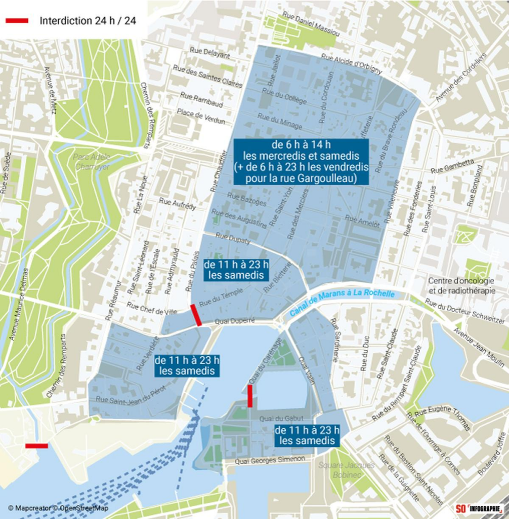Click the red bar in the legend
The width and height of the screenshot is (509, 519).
coord(17,21)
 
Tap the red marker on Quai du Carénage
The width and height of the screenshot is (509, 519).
coord(250,395)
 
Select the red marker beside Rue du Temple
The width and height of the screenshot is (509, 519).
coord(196,315)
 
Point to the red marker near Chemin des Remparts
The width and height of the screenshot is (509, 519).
coord(36,446)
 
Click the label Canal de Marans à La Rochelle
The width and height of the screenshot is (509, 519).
coord(343,303)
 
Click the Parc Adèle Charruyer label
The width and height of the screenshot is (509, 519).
coord(91,161)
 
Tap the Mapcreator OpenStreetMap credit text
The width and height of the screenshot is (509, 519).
coord(58,508)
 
